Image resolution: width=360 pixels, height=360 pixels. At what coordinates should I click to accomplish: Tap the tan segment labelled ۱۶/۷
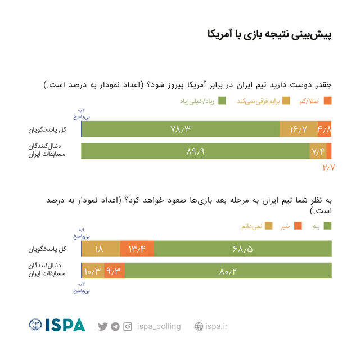(298, 129)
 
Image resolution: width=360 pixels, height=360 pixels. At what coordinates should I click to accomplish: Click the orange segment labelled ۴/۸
(325, 129)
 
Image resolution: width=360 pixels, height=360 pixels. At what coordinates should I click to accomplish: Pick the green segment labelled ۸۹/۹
(195, 151)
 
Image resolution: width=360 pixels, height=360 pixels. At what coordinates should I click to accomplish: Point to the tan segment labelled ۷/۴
(317, 151)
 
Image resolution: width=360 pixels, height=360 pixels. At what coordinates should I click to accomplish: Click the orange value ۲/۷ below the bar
(328, 168)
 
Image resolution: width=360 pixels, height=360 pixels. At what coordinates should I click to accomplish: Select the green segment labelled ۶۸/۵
(242, 249)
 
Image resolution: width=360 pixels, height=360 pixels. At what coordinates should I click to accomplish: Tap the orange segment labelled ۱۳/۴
(137, 249)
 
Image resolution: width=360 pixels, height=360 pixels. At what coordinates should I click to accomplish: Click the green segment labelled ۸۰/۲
(228, 271)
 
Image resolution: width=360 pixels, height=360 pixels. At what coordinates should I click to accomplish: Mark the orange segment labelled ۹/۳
(114, 271)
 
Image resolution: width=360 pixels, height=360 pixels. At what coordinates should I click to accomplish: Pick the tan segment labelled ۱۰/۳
(93, 271)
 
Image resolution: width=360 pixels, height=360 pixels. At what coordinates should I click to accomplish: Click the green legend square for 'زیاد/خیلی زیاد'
(222, 101)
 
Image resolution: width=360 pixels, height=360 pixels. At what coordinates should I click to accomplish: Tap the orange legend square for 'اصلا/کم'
(328, 101)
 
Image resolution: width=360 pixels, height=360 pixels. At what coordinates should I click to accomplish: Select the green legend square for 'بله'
(328, 226)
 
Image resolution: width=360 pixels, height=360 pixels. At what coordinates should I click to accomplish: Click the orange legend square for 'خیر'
(298, 226)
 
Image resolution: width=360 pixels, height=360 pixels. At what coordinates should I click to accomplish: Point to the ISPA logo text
(65, 325)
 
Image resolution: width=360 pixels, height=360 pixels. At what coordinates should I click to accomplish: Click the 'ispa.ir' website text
(215, 326)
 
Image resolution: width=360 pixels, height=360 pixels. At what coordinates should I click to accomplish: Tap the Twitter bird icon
(102, 326)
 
